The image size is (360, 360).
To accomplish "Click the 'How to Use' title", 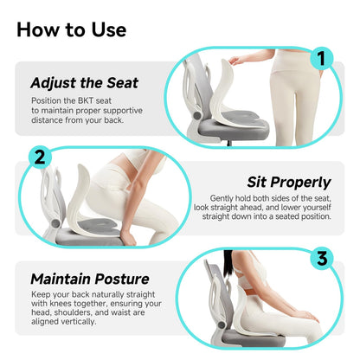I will click(71, 29).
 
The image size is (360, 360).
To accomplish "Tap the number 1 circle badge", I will click(322, 60).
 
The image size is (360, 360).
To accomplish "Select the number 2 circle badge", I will click(38, 158).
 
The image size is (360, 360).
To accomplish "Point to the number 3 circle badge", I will click(322, 259).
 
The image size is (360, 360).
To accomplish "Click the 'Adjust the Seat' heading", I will click(83, 84).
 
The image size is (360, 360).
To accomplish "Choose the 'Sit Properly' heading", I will click(290, 183).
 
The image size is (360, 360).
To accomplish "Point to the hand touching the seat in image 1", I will click(235, 57).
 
